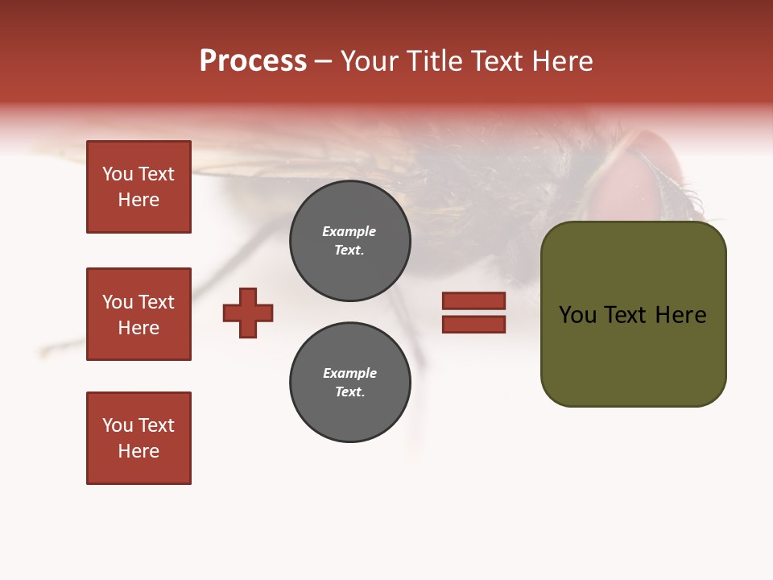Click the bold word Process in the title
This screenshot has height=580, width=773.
tap(253, 61)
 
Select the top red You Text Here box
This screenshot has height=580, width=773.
tap(138, 187)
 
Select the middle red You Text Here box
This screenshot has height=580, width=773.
tap(138, 314)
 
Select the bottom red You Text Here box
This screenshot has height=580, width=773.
tap(138, 437)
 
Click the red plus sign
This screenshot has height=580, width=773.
tap(248, 313)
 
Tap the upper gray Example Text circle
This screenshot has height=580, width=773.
tap(349, 241)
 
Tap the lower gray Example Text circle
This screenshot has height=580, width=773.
tap(349, 383)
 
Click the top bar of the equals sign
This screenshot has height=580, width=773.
tap(473, 301)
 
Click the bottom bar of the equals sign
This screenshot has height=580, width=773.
tap(473, 324)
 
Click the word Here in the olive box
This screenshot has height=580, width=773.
tap(680, 315)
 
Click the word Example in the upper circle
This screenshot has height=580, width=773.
tap(349, 231)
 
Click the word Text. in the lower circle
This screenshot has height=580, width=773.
tap(349, 392)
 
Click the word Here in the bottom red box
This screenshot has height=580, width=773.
tap(138, 451)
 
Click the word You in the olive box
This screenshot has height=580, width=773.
tap(577, 315)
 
